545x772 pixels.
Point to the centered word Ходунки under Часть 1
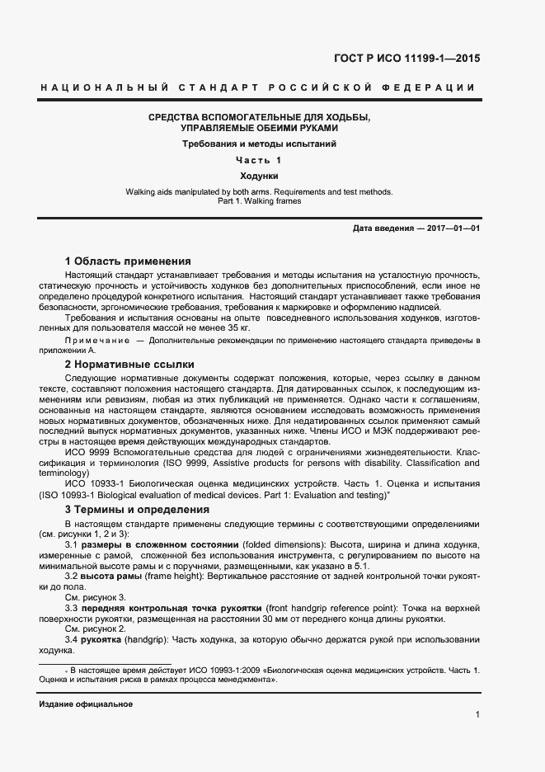tap(258, 177)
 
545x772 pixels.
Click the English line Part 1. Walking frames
tap(258, 201)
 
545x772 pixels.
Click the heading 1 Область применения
tap(128, 260)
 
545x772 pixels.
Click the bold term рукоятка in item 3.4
tap(103, 639)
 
